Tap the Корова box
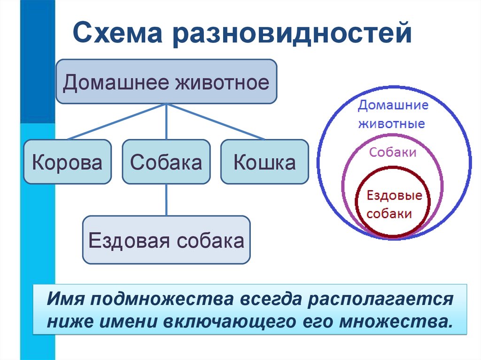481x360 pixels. [x=67, y=162]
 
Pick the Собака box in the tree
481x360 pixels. [x=166, y=162]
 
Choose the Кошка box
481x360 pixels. [x=264, y=162]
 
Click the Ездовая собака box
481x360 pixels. [x=166, y=240]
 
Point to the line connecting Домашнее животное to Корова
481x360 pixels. [x=117, y=121]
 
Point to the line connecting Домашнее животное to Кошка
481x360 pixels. [x=216, y=121]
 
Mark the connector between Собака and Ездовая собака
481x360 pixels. [x=166, y=199]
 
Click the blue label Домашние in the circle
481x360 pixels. [x=393, y=105]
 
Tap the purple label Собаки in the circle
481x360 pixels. [x=393, y=152]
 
